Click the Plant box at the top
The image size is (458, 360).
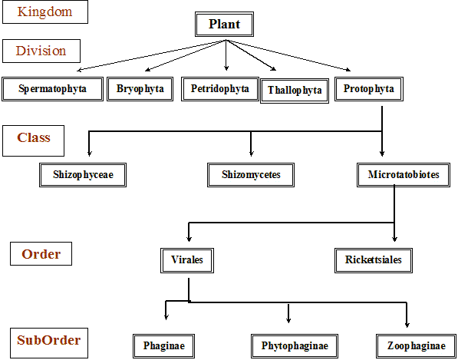coord(224,25)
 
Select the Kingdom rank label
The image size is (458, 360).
coord(45,12)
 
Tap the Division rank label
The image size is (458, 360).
coord(41,51)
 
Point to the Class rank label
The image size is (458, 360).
coord(33,140)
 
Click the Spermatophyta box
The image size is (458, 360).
coord(53,89)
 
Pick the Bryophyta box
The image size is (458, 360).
coord(140,89)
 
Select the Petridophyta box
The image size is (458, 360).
coord(220,89)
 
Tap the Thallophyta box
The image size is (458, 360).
coord(295,91)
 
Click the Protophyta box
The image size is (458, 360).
coord(369,89)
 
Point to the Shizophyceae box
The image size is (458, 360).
coord(83,175)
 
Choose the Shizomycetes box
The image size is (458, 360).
coord(251,175)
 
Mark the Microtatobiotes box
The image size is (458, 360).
coord(404,175)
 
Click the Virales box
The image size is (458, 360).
coord(187,260)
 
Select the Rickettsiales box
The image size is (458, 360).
coord(374,260)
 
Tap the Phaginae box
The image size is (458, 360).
coord(163,346)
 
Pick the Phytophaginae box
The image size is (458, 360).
coord(295,346)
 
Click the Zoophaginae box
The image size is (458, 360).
coord(417,346)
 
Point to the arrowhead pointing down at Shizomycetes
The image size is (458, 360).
coord(251,153)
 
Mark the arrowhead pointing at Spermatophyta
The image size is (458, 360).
coord(80,70)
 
